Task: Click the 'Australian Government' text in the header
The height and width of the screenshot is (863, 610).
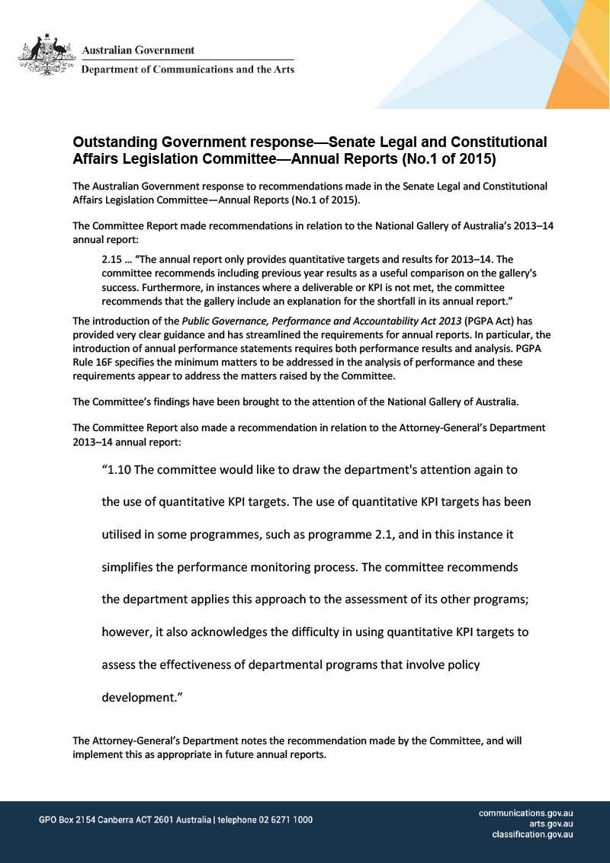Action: pos(138,50)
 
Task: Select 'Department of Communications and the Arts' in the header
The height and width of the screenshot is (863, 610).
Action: pos(188,69)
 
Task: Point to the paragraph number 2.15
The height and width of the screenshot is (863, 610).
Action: pos(112,260)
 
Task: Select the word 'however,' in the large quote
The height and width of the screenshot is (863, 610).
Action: pos(127,632)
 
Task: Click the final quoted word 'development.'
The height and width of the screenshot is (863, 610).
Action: pos(142,697)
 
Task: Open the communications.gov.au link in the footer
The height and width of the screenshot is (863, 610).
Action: pos(525,813)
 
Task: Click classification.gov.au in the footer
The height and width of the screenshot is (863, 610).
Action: pos(532,835)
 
